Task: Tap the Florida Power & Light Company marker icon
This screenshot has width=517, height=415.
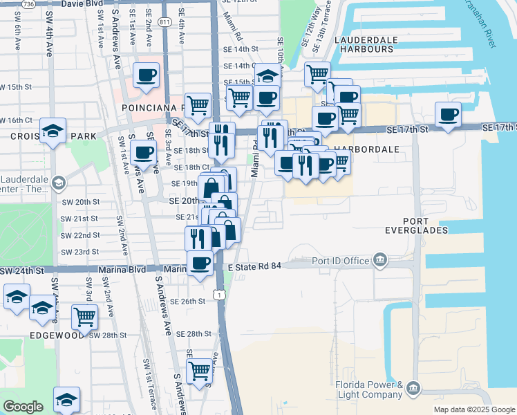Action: pyautogui.click(x=413, y=388)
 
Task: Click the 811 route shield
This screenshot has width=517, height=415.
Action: pyautogui.click(x=164, y=22)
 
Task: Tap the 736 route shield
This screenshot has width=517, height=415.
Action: pyautogui.click(x=28, y=4)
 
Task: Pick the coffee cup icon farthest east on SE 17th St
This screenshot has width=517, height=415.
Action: pyautogui.click(x=448, y=113)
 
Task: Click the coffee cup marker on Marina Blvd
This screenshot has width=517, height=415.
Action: pyautogui.click(x=200, y=263)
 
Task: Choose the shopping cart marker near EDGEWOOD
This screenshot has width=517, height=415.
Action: pyautogui.click(x=84, y=317)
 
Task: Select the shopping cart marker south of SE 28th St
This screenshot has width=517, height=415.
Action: pyautogui.click(x=199, y=369)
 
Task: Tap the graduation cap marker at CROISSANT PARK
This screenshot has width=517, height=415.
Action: pyautogui.click(x=53, y=130)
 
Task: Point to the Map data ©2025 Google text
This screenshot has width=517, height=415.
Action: pyautogui.click(x=473, y=409)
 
